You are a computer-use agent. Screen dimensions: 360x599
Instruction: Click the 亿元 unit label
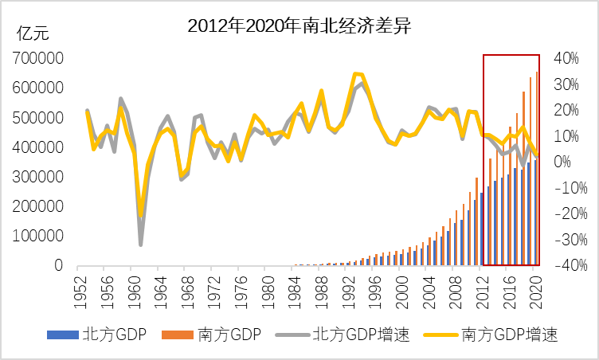click(33, 33)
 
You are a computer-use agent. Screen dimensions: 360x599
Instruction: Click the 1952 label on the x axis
click(80, 288)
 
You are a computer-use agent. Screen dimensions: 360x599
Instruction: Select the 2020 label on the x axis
click(537, 288)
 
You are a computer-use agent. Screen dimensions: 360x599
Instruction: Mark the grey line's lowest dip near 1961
click(141, 244)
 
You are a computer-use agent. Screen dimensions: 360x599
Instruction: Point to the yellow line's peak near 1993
click(355, 73)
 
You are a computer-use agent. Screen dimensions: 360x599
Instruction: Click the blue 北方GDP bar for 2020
click(534, 213)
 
